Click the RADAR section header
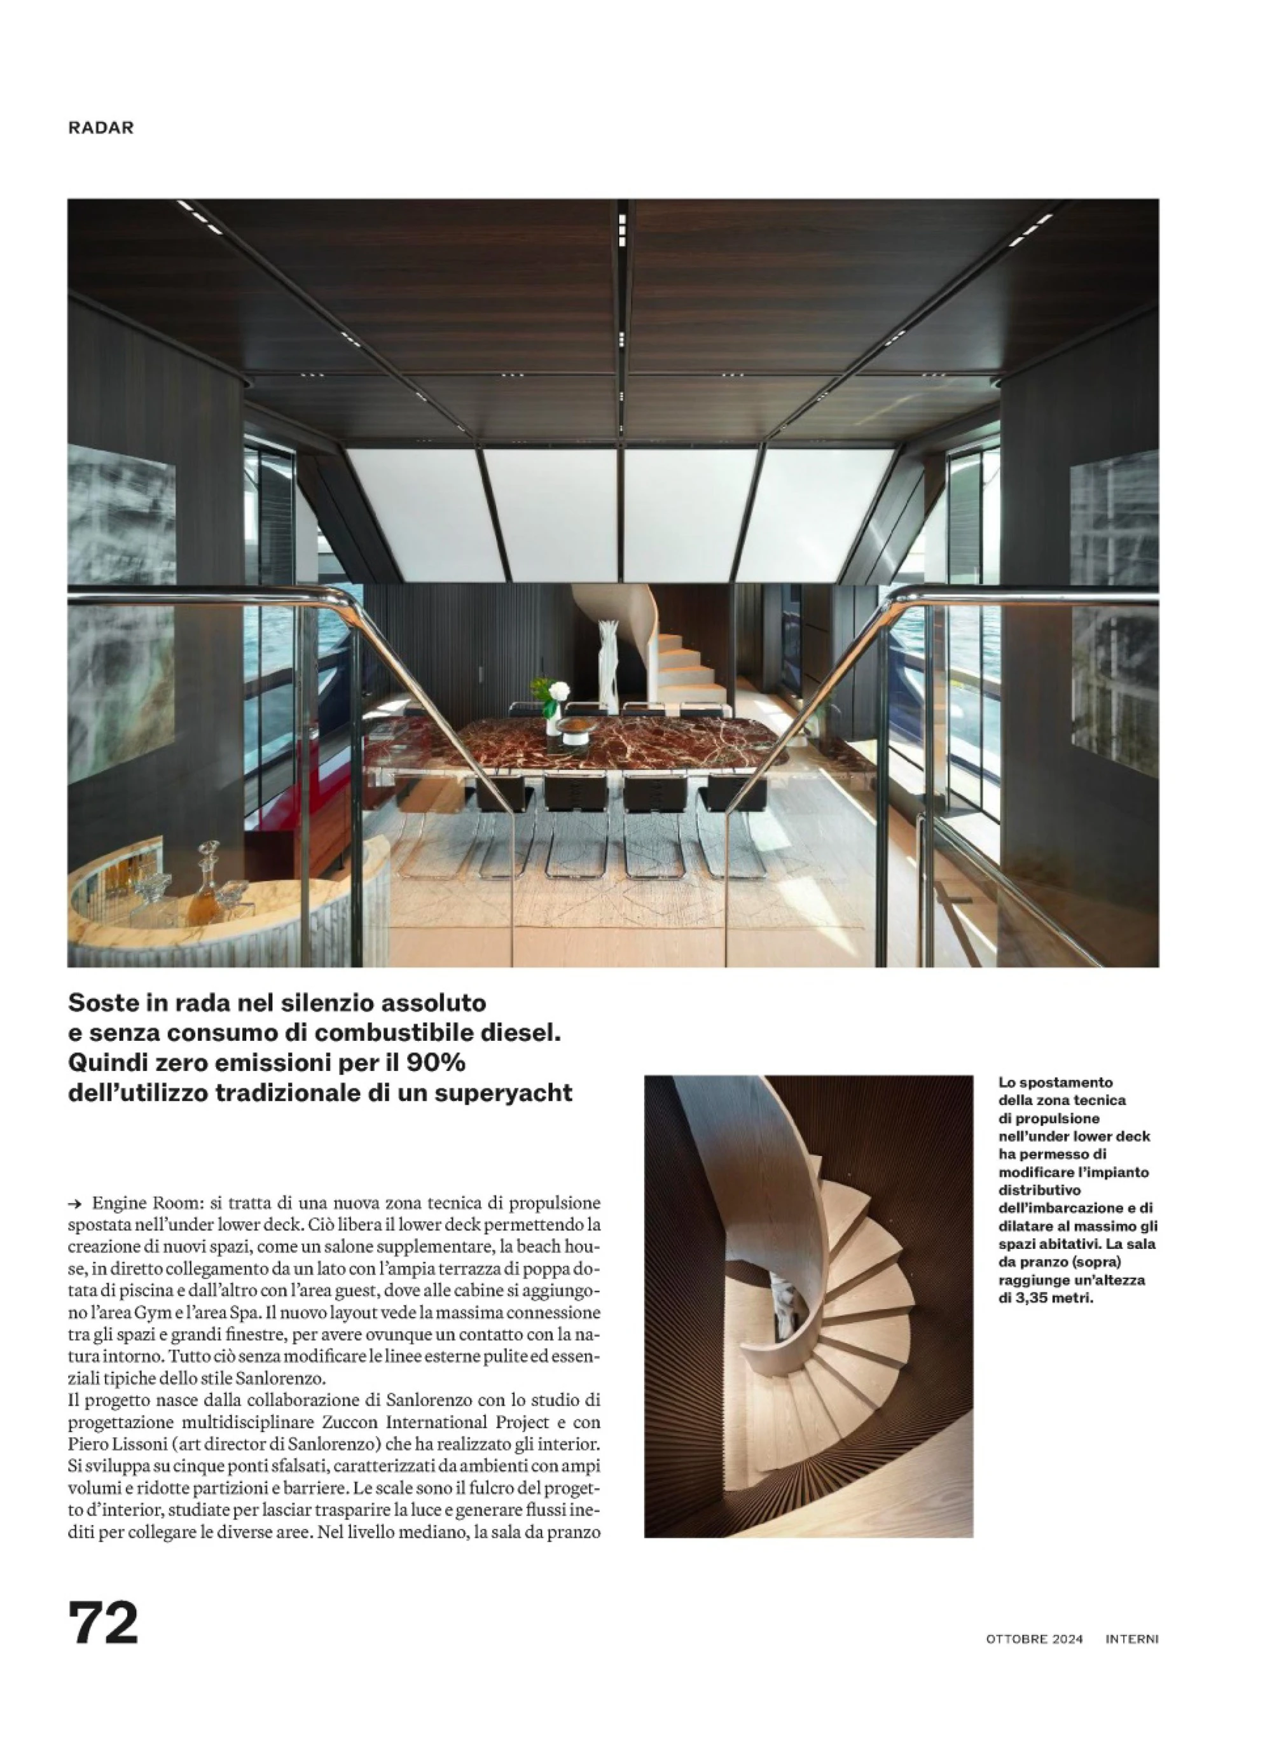click(101, 128)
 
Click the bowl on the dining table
click(574, 728)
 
